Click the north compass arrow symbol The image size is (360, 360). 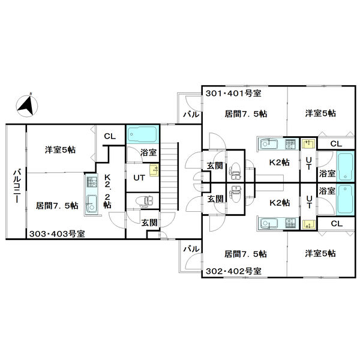[x=27, y=106]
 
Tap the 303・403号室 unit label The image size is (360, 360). [x=57, y=234]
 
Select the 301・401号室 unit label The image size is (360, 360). [x=233, y=94]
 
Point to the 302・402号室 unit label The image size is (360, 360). [x=234, y=271]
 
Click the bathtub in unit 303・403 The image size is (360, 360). [x=142, y=134]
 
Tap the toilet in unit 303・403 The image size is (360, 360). [x=145, y=202]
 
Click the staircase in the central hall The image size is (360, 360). [x=169, y=176]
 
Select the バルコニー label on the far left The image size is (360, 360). [x=17, y=186]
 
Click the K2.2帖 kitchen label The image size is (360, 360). [x=107, y=191]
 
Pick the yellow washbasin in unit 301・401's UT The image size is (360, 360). [x=308, y=144]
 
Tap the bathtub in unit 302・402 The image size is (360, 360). [x=346, y=199]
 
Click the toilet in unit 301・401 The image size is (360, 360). [x=235, y=171]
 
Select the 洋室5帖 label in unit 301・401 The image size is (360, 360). [x=320, y=113]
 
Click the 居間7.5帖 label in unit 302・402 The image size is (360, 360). [x=245, y=254]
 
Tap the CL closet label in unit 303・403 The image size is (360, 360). [x=110, y=136]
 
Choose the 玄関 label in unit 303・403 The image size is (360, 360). [x=149, y=222]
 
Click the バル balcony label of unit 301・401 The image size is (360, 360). [x=191, y=115]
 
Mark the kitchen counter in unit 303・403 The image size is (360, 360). [x=92, y=195]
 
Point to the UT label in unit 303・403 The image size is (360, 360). [x=139, y=178]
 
